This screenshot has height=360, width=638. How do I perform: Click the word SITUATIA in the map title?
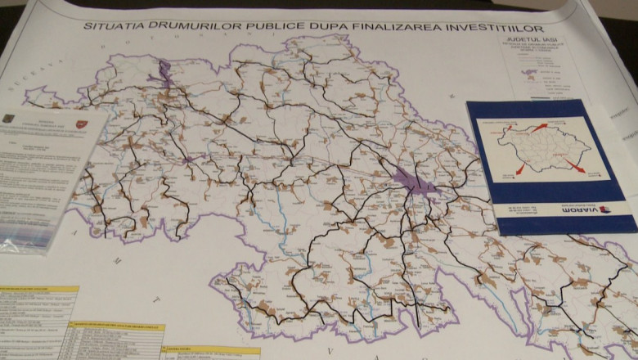(x=111, y=26)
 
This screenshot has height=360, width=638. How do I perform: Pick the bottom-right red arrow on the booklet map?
(x=574, y=165)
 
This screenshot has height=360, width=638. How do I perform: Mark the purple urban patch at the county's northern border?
(x=165, y=73)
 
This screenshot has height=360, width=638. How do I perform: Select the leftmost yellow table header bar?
(x=37, y=290)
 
